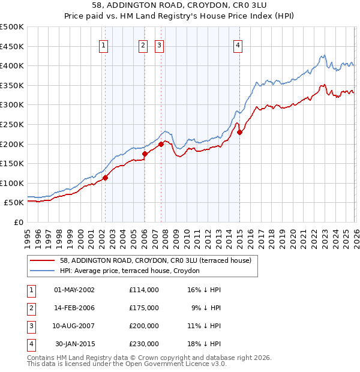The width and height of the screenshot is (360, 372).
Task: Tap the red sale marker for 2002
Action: coord(105,178)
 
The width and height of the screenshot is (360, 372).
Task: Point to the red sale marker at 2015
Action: coord(239,133)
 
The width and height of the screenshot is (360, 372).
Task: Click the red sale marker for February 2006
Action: coord(145,154)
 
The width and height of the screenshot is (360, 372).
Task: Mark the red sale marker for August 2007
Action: coord(161,144)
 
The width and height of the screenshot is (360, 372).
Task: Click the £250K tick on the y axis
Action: coord(12,124)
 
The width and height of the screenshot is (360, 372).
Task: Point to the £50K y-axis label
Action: coord(14,203)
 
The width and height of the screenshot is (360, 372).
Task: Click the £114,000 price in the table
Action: coord(144,289)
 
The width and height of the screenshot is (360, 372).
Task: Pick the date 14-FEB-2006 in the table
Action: coord(74,307)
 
